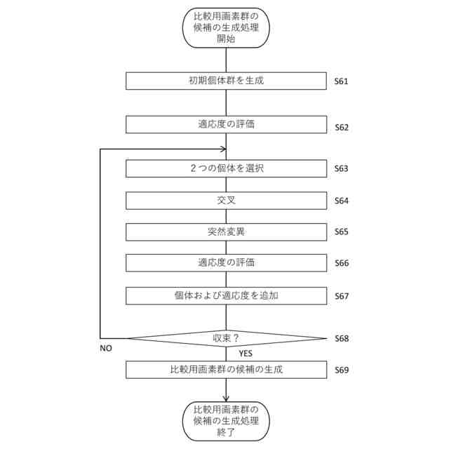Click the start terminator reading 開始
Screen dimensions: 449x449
tap(226, 27)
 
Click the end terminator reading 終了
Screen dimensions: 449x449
tap(226, 421)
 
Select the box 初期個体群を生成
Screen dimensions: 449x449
tap(226, 81)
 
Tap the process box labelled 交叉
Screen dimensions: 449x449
tap(226, 201)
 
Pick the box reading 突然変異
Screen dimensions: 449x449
tap(226, 232)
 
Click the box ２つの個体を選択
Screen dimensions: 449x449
tap(226, 168)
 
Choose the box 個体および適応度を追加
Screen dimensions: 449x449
tap(226, 295)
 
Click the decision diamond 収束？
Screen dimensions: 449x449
tap(226, 338)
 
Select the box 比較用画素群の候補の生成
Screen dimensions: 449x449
tap(226, 369)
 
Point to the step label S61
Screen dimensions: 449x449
tap(342, 81)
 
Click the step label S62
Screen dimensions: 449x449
tap(342, 128)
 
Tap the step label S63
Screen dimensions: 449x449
tap(342, 169)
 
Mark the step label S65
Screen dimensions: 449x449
tap(342, 232)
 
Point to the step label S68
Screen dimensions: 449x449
tap(342, 339)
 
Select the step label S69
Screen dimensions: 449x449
tap(342, 370)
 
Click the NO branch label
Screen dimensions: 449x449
tap(106, 348)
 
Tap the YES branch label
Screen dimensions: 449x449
tap(245, 354)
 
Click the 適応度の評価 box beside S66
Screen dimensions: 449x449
tap(226, 263)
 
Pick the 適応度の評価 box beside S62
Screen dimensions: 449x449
tap(226, 124)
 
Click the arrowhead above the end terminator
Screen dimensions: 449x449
tap(226, 398)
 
